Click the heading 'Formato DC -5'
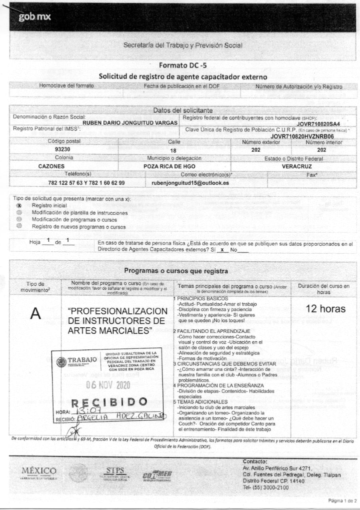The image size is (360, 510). [179, 65]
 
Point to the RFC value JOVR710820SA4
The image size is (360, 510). [318, 123]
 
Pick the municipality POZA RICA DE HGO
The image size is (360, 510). [174, 166]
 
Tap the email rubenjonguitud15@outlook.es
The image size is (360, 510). [190, 183]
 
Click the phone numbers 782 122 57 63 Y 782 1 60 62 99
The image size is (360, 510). [86, 183]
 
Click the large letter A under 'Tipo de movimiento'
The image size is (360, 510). [35, 313]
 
